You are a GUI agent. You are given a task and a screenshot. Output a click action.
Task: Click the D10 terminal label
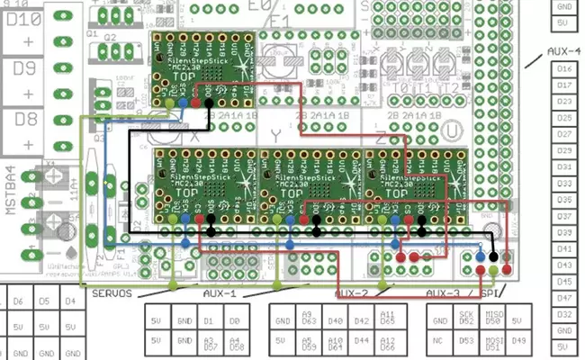(x=28, y=19)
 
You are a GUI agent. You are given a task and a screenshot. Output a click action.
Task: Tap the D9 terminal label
(x=28, y=67)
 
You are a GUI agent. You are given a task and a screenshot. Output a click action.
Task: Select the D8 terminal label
(x=28, y=118)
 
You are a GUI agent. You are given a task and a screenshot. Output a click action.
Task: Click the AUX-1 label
(x=215, y=294)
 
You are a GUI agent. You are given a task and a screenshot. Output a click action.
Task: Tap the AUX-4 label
(x=564, y=51)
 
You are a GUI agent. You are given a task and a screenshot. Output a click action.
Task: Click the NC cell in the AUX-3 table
(x=438, y=341)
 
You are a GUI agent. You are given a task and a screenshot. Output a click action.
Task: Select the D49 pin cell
(x=517, y=341)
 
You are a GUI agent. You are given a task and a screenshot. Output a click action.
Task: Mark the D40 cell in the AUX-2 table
(x=336, y=320)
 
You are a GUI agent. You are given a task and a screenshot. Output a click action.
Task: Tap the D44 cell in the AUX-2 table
(x=361, y=341)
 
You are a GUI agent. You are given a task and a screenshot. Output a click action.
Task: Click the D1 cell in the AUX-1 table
(x=209, y=320)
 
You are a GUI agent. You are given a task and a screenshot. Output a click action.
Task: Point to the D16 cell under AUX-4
(x=564, y=68)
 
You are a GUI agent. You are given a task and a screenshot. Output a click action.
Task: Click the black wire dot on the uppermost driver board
(x=209, y=104)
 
